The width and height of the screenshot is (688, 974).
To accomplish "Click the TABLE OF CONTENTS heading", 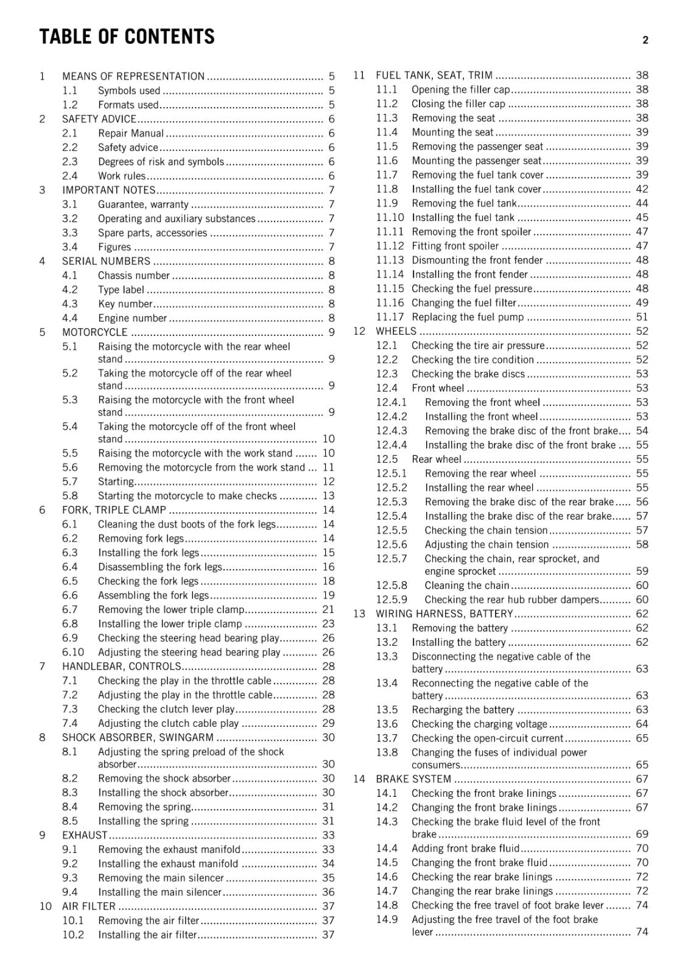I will pos(127,37).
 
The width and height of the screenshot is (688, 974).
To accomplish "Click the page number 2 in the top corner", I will pos(645,40).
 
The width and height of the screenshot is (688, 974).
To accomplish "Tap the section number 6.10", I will pos(73,652).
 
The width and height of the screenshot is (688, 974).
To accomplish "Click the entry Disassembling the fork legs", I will pos(160,567).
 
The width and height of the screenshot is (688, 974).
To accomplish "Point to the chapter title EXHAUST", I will pos(85,835).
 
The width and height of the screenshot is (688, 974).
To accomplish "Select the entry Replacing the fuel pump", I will pos(468,317).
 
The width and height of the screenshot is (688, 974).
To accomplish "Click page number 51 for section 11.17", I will pos(642,317).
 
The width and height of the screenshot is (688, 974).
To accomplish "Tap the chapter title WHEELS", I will pos(396,331).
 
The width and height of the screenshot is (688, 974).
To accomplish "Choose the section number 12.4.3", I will pos(391,431).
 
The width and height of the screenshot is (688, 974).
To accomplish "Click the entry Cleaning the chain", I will pos(466,586).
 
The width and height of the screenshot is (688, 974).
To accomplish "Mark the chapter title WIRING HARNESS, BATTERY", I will pos(444,614).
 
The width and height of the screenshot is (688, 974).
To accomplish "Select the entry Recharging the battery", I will pos(463,710).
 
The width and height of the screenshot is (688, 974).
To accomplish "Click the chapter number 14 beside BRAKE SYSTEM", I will pos(359,779).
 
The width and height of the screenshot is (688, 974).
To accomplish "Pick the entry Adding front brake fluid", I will pos(466,849).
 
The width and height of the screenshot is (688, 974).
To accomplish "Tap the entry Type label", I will pos(121,290).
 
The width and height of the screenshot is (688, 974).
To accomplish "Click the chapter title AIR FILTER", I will pos(89,906).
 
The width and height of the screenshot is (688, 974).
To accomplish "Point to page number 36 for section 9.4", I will pos(328,892).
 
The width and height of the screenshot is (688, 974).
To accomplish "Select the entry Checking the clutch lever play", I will pos(166,709).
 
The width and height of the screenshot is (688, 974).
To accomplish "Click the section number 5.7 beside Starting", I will pos(70,482).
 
